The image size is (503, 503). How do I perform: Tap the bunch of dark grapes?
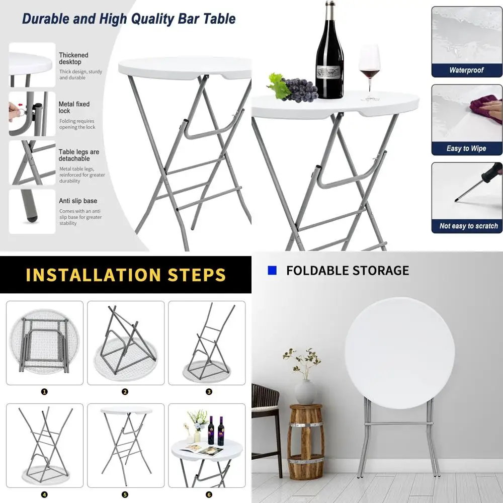tap(300, 89)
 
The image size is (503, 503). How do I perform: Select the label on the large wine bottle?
tap(329, 68)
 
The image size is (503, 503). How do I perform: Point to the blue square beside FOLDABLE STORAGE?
tap(273, 271)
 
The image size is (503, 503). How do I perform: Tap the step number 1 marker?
tap(44, 391)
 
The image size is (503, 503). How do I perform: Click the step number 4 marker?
tap(44, 494)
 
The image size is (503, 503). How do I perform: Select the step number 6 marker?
tap(209, 494)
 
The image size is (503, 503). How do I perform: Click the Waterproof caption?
tap(466, 70)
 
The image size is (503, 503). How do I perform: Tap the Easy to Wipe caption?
tap(466, 148)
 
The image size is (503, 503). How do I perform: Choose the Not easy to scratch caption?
tap(468, 226)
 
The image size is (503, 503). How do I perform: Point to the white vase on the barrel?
tap(305, 392)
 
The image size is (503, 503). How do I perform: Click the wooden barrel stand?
tap(306, 443)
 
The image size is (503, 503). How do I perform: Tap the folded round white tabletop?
tap(399, 352)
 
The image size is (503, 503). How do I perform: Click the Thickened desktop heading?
tap(73, 58)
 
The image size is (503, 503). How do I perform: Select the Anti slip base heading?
tap(78, 201)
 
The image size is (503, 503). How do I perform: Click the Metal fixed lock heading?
tap(74, 107)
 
